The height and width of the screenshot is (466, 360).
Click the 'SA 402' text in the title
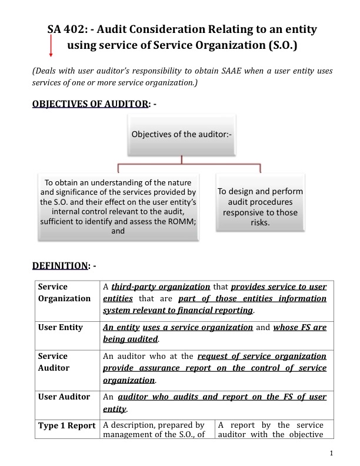(67, 28)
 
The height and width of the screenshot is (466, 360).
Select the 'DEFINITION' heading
(59, 265)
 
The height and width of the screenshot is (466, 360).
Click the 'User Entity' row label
(61, 327)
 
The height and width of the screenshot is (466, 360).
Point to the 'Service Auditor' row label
(54, 362)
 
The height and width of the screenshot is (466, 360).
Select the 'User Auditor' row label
(63, 397)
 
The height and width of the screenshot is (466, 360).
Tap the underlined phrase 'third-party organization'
(161, 287)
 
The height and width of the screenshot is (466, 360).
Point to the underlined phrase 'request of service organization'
(262, 356)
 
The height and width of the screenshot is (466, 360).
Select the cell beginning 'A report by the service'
(272, 430)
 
